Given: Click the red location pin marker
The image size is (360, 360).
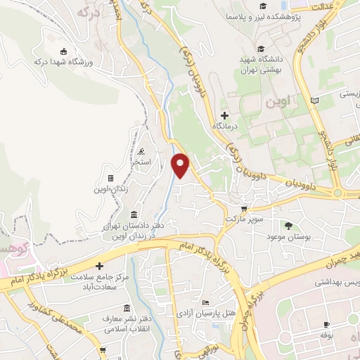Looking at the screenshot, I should (x=181, y=164).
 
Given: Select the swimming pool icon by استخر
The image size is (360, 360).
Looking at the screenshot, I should (x=142, y=151).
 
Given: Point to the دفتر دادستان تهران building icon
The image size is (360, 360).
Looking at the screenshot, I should (x=134, y=214).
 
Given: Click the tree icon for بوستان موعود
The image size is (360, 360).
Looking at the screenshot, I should (x=288, y=226).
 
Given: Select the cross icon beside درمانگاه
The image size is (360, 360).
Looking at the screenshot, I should (x=224, y=115).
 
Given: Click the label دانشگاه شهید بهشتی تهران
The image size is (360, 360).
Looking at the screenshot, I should (x=261, y=65).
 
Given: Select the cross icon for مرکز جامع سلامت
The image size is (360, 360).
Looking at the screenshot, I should (x=100, y=266).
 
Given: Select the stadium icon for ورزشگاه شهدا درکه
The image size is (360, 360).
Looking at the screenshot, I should (x=64, y=50).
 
